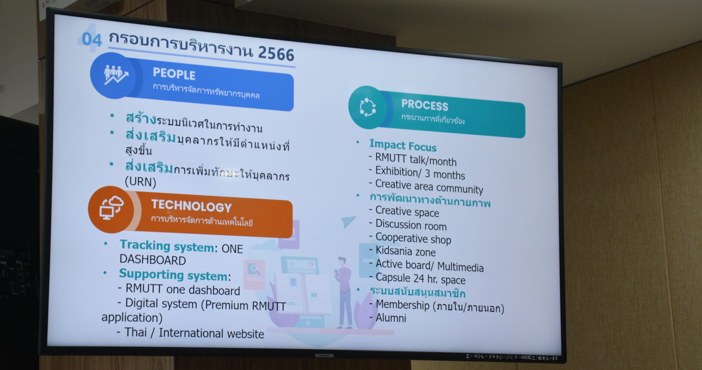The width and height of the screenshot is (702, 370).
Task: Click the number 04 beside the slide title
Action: (x=91, y=40)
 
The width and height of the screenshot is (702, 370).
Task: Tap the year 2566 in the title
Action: (x=276, y=53)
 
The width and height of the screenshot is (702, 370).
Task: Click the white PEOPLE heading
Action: (x=174, y=74)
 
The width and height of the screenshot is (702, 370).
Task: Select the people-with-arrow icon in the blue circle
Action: (x=116, y=75)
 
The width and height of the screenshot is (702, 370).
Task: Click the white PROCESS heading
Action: (x=425, y=105)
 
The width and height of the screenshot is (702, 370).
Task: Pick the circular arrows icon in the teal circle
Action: (x=367, y=108)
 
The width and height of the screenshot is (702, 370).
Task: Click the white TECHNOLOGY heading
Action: (x=191, y=206)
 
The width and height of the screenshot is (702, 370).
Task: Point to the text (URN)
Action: (x=140, y=182)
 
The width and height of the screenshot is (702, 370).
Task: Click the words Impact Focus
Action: (x=403, y=146)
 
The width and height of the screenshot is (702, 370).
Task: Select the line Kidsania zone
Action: (x=406, y=251)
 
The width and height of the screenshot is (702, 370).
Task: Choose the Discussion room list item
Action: (x=411, y=225)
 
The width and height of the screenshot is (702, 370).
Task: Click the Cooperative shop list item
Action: (x=413, y=238)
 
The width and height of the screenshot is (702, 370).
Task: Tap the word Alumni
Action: (x=391, y=318)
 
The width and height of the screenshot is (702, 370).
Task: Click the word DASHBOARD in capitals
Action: (x=152, y=260)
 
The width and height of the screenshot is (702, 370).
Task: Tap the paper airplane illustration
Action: (x=348, y=221)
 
